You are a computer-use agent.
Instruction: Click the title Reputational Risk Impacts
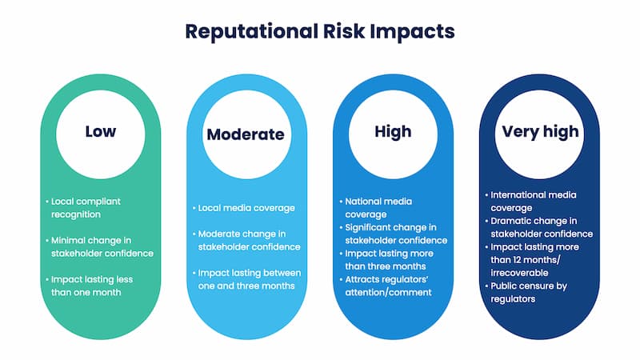pyautogui.click(x=320, y=31)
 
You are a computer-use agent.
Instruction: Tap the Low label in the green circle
pyautogui.click(x=100, y=130)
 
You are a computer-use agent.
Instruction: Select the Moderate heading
pyautogui.click(x=246, y=134)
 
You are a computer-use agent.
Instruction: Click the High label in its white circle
pyautogui.click(x=393, y=131)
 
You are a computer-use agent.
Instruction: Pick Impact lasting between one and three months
pyautogui.click(x=247, y=278)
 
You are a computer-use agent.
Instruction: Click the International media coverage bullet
pyautogui.click(x=534, y=201)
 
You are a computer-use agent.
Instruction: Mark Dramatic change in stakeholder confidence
pyautogui.click(x=540, y=227)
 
